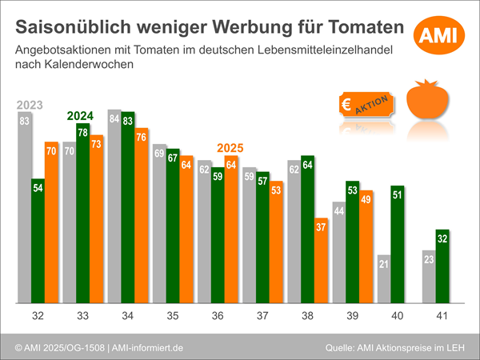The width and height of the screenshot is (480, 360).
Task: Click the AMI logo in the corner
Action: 439,34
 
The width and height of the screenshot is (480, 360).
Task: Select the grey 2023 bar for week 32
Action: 25,208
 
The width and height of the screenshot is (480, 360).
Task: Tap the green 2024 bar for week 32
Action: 38,241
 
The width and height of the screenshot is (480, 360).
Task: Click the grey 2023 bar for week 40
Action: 383,279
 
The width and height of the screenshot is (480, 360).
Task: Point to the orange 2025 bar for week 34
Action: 141,216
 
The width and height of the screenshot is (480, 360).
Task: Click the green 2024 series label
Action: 80,115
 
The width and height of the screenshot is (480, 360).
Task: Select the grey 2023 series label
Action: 29,104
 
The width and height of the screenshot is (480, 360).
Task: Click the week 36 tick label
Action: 218,316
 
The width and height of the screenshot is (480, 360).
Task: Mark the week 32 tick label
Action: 38,316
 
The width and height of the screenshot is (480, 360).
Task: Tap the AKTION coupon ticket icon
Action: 364,105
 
